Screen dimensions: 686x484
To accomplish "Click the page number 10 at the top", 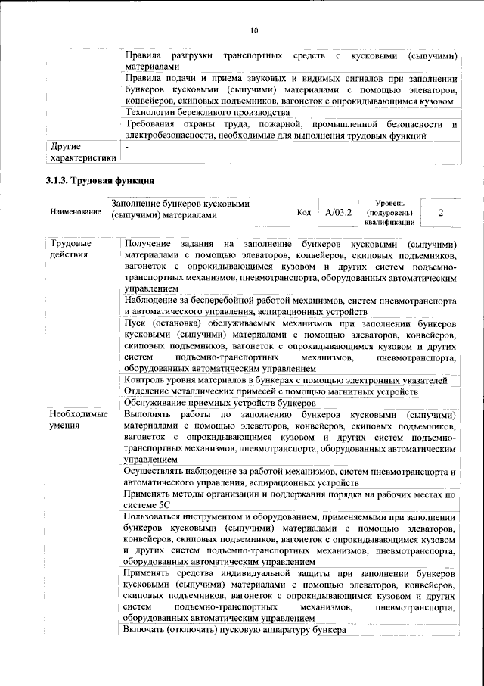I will [x=253, y=30].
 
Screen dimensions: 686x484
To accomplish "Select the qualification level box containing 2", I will [x=440, y=213].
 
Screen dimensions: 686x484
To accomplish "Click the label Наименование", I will [x=76, y=214].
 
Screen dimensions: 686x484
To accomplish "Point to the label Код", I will [x=304, y=214].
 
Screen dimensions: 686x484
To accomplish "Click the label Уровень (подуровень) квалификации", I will [x=388, y=214].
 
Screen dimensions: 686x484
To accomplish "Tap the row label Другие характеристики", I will [x=82, y=152].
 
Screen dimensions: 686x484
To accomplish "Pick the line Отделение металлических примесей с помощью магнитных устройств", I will [x=271, y=391].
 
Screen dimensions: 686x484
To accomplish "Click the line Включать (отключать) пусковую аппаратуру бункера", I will [x=234, y=630].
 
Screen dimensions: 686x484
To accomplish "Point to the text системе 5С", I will [x=148, y=504].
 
